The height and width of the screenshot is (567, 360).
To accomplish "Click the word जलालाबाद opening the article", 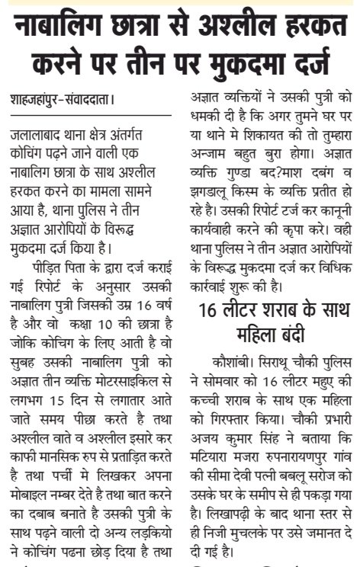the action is [37, 134].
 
